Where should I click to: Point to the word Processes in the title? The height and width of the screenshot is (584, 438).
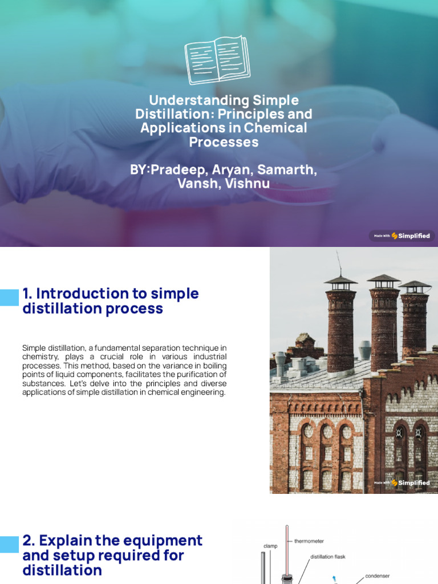[x=224, y=142]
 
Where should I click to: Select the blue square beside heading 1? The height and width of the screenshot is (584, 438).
[x=9, y=297]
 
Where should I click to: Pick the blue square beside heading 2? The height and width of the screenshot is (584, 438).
[x=9, y=544]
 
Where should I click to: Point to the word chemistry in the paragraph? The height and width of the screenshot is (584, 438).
[x=41, y=356]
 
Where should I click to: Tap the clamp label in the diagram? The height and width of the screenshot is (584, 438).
[x=270, y=546]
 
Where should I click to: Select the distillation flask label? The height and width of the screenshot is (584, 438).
[x=327, y=557]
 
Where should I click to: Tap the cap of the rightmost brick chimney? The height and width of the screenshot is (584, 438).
[x=415, y=284]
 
